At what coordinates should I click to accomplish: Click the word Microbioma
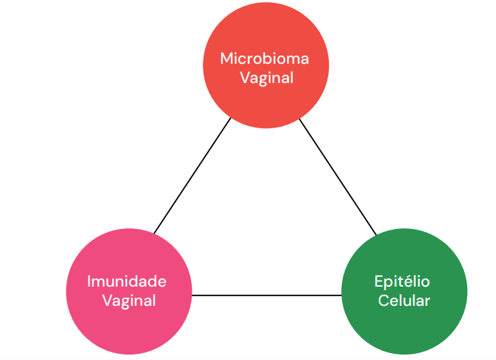264,58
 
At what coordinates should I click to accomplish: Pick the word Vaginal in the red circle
266,77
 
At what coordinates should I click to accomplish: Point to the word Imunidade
127,281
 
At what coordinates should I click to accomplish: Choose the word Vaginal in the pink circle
129,300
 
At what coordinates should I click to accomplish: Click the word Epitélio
402,281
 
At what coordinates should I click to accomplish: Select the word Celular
404,300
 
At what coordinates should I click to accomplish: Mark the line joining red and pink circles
193,176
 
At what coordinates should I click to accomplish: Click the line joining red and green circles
338,176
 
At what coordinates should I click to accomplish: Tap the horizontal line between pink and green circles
266,295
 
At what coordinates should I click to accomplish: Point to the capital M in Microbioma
225,58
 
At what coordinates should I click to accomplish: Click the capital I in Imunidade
90,281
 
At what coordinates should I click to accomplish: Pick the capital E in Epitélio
379,281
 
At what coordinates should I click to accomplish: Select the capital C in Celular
384,300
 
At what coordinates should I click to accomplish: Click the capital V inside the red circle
244,77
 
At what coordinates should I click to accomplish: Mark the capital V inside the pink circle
107,300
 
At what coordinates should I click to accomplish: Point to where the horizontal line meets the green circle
341,295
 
